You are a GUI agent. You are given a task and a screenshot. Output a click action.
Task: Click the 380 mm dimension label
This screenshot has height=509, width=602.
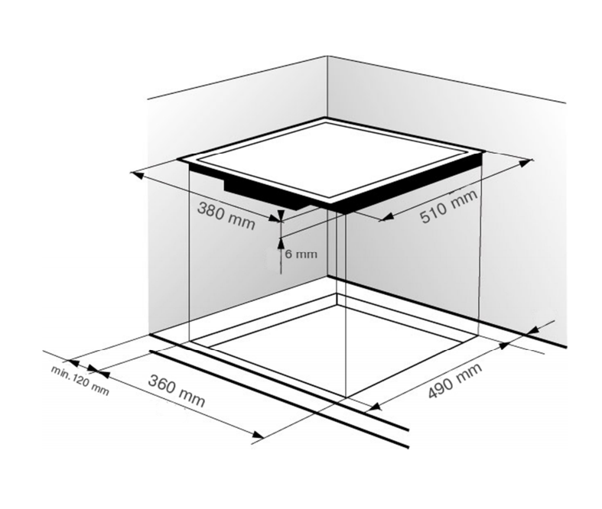(226, 216)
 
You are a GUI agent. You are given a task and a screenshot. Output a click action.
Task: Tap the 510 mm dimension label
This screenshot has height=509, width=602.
(449, 206)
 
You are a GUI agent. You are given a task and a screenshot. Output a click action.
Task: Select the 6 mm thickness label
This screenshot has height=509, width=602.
(301, 254)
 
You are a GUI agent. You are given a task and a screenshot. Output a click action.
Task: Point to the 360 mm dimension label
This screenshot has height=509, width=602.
(177, 391)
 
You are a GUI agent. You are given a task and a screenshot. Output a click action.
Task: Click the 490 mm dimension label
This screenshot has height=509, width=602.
(455, 381)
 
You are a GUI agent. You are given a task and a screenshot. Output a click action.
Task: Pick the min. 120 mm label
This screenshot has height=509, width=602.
(80, 381)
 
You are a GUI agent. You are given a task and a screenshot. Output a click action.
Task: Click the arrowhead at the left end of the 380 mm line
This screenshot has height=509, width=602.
(137, 175)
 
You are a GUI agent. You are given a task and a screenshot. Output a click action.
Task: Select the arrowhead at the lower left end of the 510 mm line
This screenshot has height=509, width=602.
(386, 217)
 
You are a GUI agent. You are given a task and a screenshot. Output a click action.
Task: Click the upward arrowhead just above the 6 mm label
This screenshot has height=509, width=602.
(281, 242)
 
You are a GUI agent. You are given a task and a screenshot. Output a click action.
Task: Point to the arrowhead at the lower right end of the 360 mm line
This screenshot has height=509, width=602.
(258, 434)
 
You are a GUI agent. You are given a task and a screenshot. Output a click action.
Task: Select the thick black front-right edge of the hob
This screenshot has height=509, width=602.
(407, 183)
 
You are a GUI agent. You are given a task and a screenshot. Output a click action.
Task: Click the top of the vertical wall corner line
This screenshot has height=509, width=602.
(327, 56)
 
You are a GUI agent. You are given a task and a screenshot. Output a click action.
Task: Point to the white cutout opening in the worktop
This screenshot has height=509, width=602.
(338, 345)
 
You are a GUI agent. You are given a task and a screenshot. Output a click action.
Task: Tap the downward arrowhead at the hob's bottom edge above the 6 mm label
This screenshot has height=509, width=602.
(281, 216)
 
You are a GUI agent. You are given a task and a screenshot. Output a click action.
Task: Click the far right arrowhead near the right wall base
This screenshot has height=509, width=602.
(534, 330)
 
